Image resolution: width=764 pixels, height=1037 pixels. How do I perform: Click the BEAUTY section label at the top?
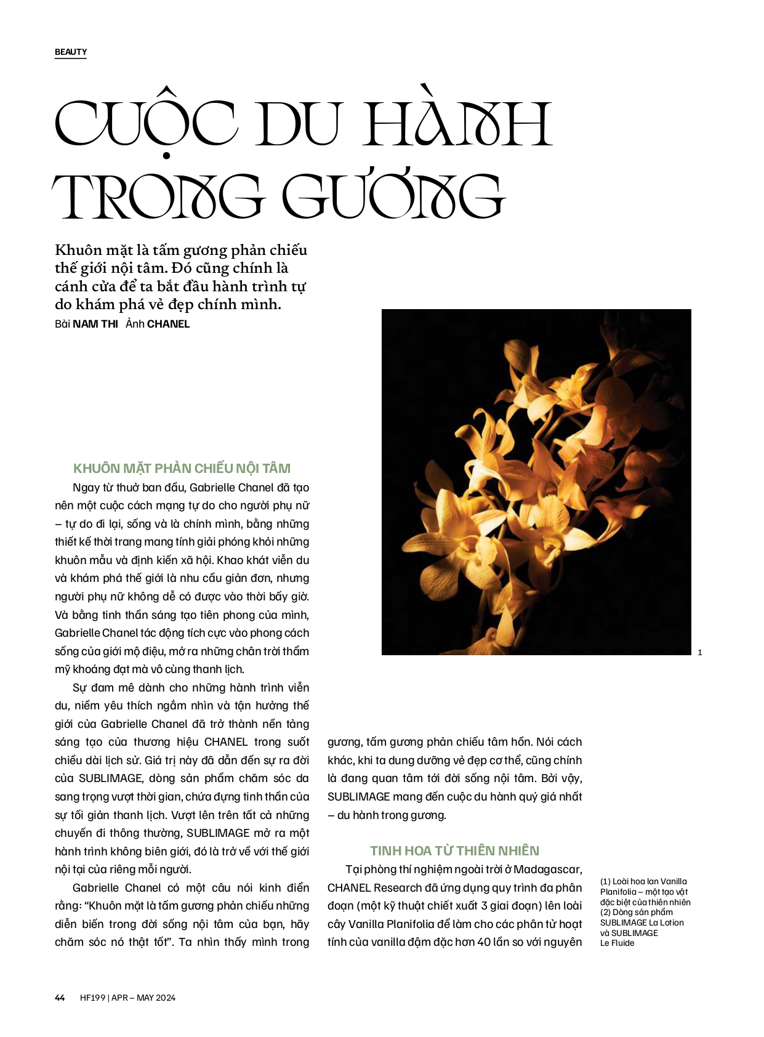[71, 52]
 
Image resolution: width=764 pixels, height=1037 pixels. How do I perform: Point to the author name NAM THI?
[95, 324]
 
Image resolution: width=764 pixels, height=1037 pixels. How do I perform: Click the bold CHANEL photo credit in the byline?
[168, 324]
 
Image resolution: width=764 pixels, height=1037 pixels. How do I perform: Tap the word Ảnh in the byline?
[134, 324]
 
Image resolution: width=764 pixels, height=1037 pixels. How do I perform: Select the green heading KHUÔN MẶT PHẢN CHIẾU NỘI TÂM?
[182, 468]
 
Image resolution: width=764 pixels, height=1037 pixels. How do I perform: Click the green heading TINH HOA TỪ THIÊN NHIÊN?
[454, 850]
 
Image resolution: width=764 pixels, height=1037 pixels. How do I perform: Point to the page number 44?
[60, 998]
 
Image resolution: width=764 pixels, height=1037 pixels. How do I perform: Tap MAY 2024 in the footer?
[156, 998]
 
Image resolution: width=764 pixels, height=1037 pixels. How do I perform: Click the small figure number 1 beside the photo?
[700, 652]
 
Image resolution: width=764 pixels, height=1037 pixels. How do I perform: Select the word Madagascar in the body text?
[547, 869]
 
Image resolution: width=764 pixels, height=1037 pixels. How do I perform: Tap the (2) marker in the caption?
[605, 912]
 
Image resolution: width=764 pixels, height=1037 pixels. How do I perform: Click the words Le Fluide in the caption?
[617, 943]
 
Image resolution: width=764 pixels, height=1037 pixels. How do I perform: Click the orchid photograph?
[536, 482]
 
